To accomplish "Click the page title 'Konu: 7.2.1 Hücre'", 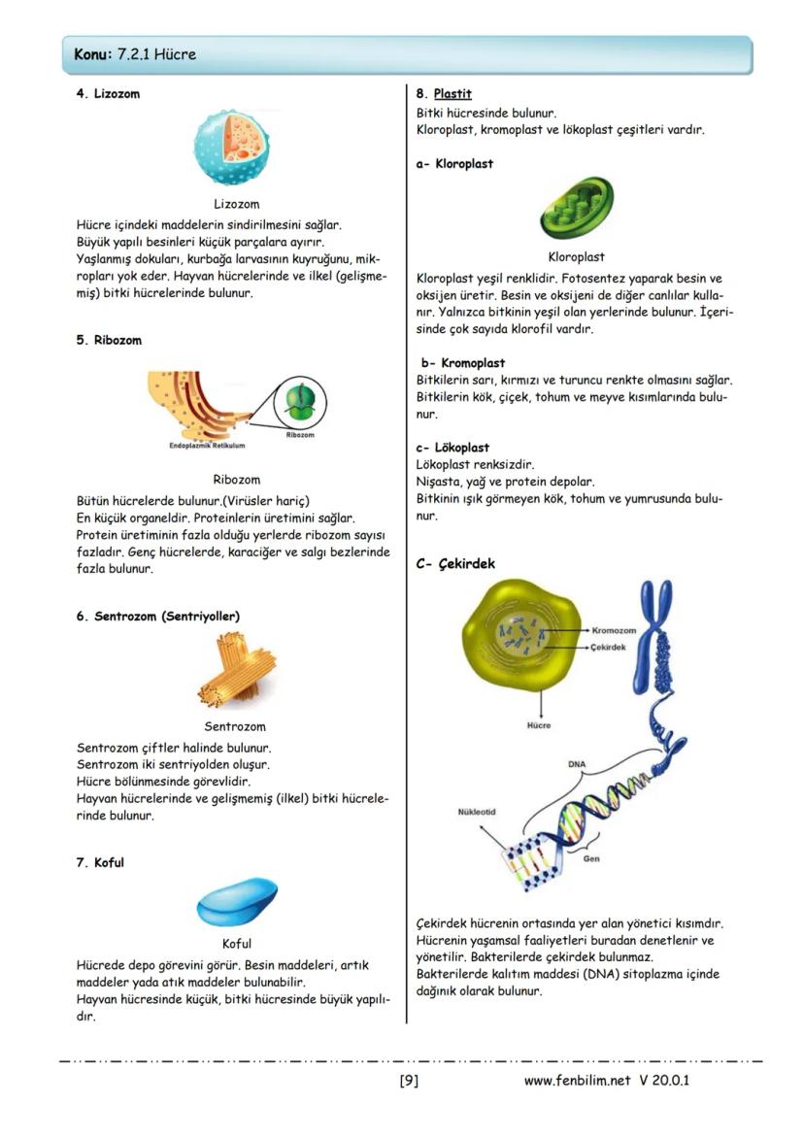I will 135,54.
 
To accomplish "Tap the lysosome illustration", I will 236,147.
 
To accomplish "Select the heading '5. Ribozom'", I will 109,341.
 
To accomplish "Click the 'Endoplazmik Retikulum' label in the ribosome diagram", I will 207,446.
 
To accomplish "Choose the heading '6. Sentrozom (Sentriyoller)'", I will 157,617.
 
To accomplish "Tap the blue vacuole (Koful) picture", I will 236,903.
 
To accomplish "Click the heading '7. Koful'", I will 100,863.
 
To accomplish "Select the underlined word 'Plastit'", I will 452,94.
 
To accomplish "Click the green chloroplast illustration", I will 576,207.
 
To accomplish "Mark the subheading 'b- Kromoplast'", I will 462,363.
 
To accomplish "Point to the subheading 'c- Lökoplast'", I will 452,449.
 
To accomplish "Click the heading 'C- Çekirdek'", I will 455,564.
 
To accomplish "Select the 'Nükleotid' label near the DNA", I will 477,812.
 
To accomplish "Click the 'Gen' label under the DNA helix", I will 590,858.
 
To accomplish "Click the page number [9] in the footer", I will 409,1080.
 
